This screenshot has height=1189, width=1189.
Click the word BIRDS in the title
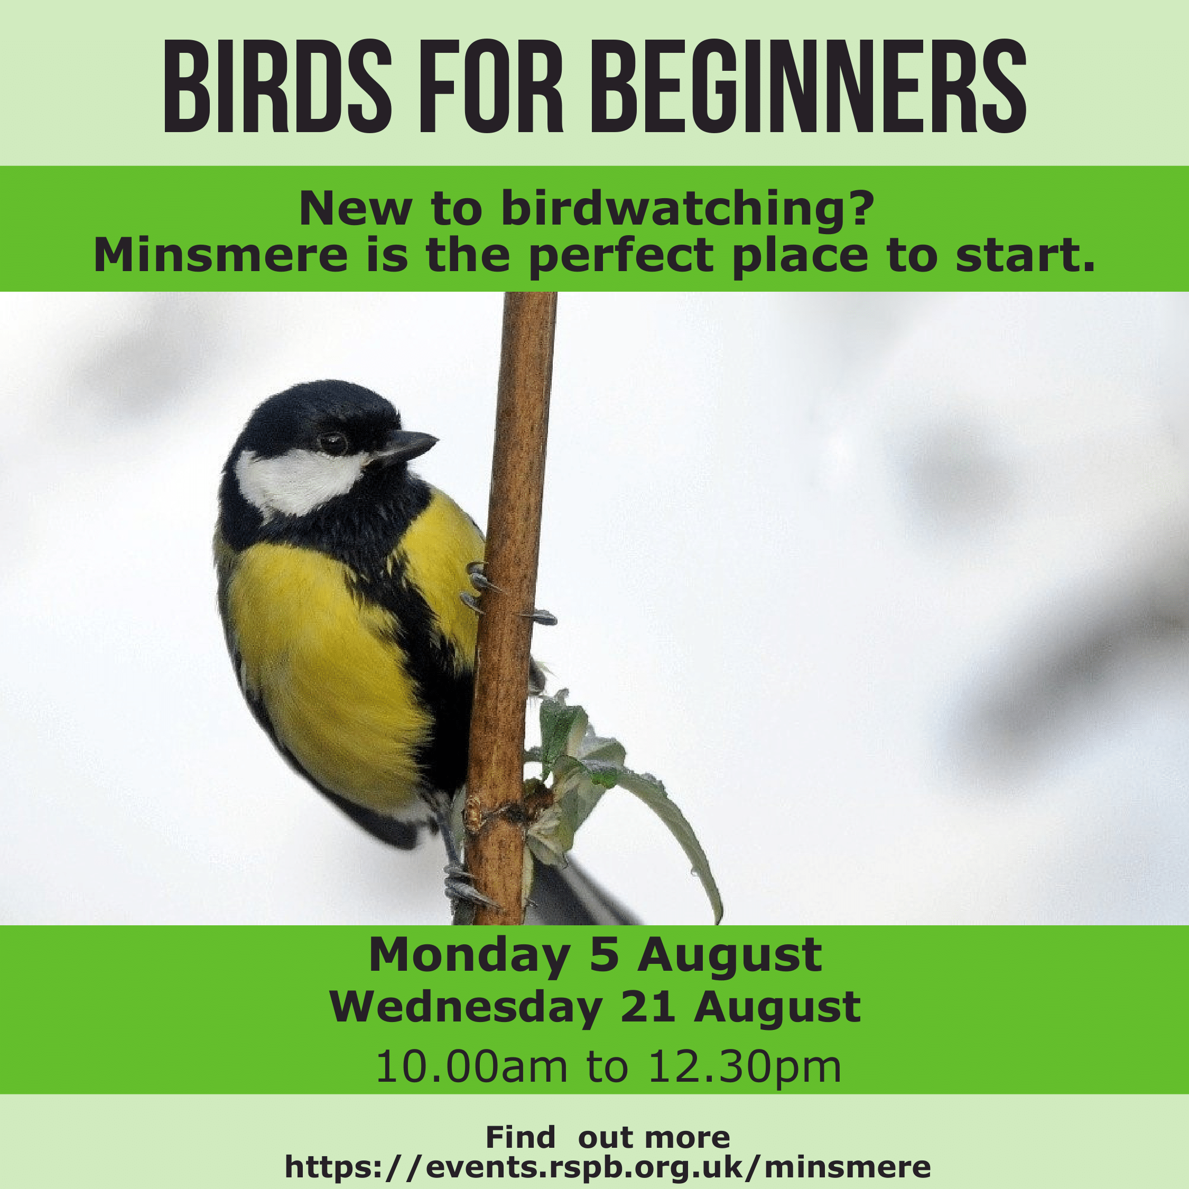pos(277,86)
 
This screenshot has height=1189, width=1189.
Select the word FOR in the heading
pos(491,86)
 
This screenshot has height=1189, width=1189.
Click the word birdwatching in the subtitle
pos(688,209)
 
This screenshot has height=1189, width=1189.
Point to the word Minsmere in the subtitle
pos(221,255)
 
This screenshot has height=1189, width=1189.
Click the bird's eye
pos(333,442)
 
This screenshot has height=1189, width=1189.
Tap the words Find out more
pos(607,1137)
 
